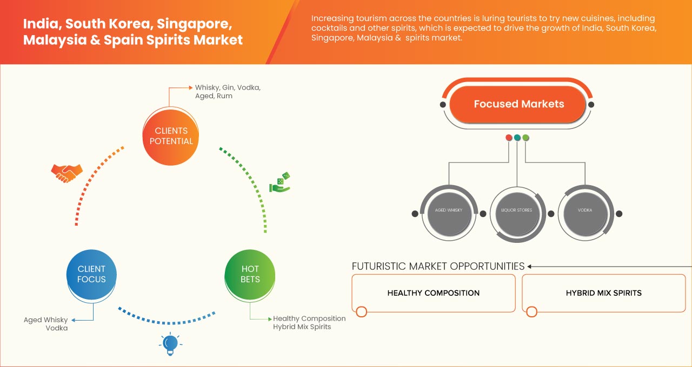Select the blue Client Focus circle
(91, 274)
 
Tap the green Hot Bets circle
(250, 274)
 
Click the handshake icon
(66, 173)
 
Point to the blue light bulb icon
(170, 343)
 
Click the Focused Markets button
(518, 104)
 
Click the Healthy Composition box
(433, 293)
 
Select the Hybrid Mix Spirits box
(603, 293)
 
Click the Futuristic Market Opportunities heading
(438, 266)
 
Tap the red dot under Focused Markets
(509, 138)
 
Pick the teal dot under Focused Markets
(517, 138)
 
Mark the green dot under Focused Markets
(525, 138)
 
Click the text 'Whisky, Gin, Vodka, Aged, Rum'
(228, 91)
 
